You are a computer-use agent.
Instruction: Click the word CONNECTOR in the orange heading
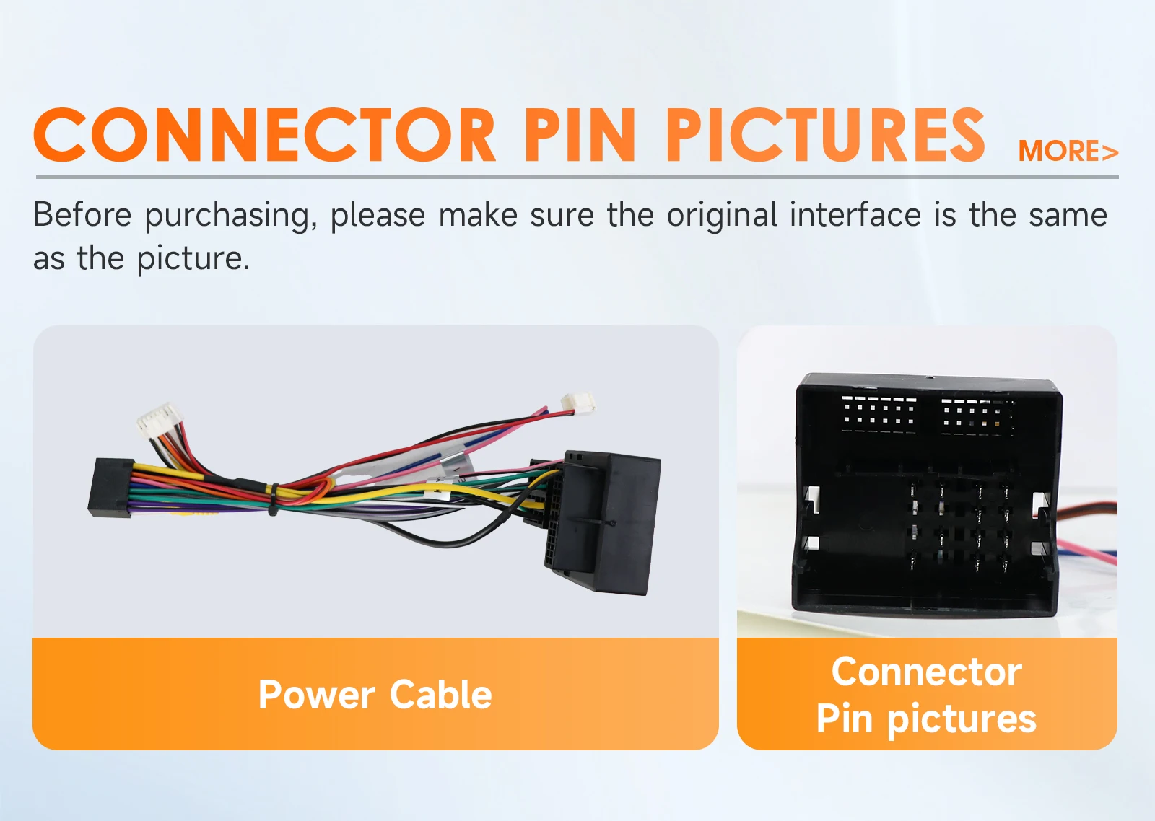pos(265,135)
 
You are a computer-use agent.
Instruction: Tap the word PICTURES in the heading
pos(826,135)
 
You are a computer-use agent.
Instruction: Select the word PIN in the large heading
pos(580,135)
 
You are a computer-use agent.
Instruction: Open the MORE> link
pos(1068,151)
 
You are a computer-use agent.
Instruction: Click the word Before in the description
pos(82,214)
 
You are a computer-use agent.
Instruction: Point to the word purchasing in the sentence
pos(230,216)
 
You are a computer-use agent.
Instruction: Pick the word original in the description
pos(722,216)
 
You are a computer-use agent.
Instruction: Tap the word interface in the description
pos(855,214)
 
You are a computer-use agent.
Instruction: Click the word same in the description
pos(1068,216)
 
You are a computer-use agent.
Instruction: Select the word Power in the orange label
pos(317,695)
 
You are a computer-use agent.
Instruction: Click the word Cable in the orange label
pos(441,694)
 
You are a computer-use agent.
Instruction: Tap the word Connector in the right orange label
pos(927,672)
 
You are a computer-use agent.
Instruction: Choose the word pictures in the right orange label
pos(962,719)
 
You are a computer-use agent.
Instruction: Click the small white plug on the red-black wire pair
pos(577,402)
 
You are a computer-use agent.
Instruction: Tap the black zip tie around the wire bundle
pos(273,499)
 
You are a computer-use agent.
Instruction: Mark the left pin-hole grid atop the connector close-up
pos(879,414)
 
